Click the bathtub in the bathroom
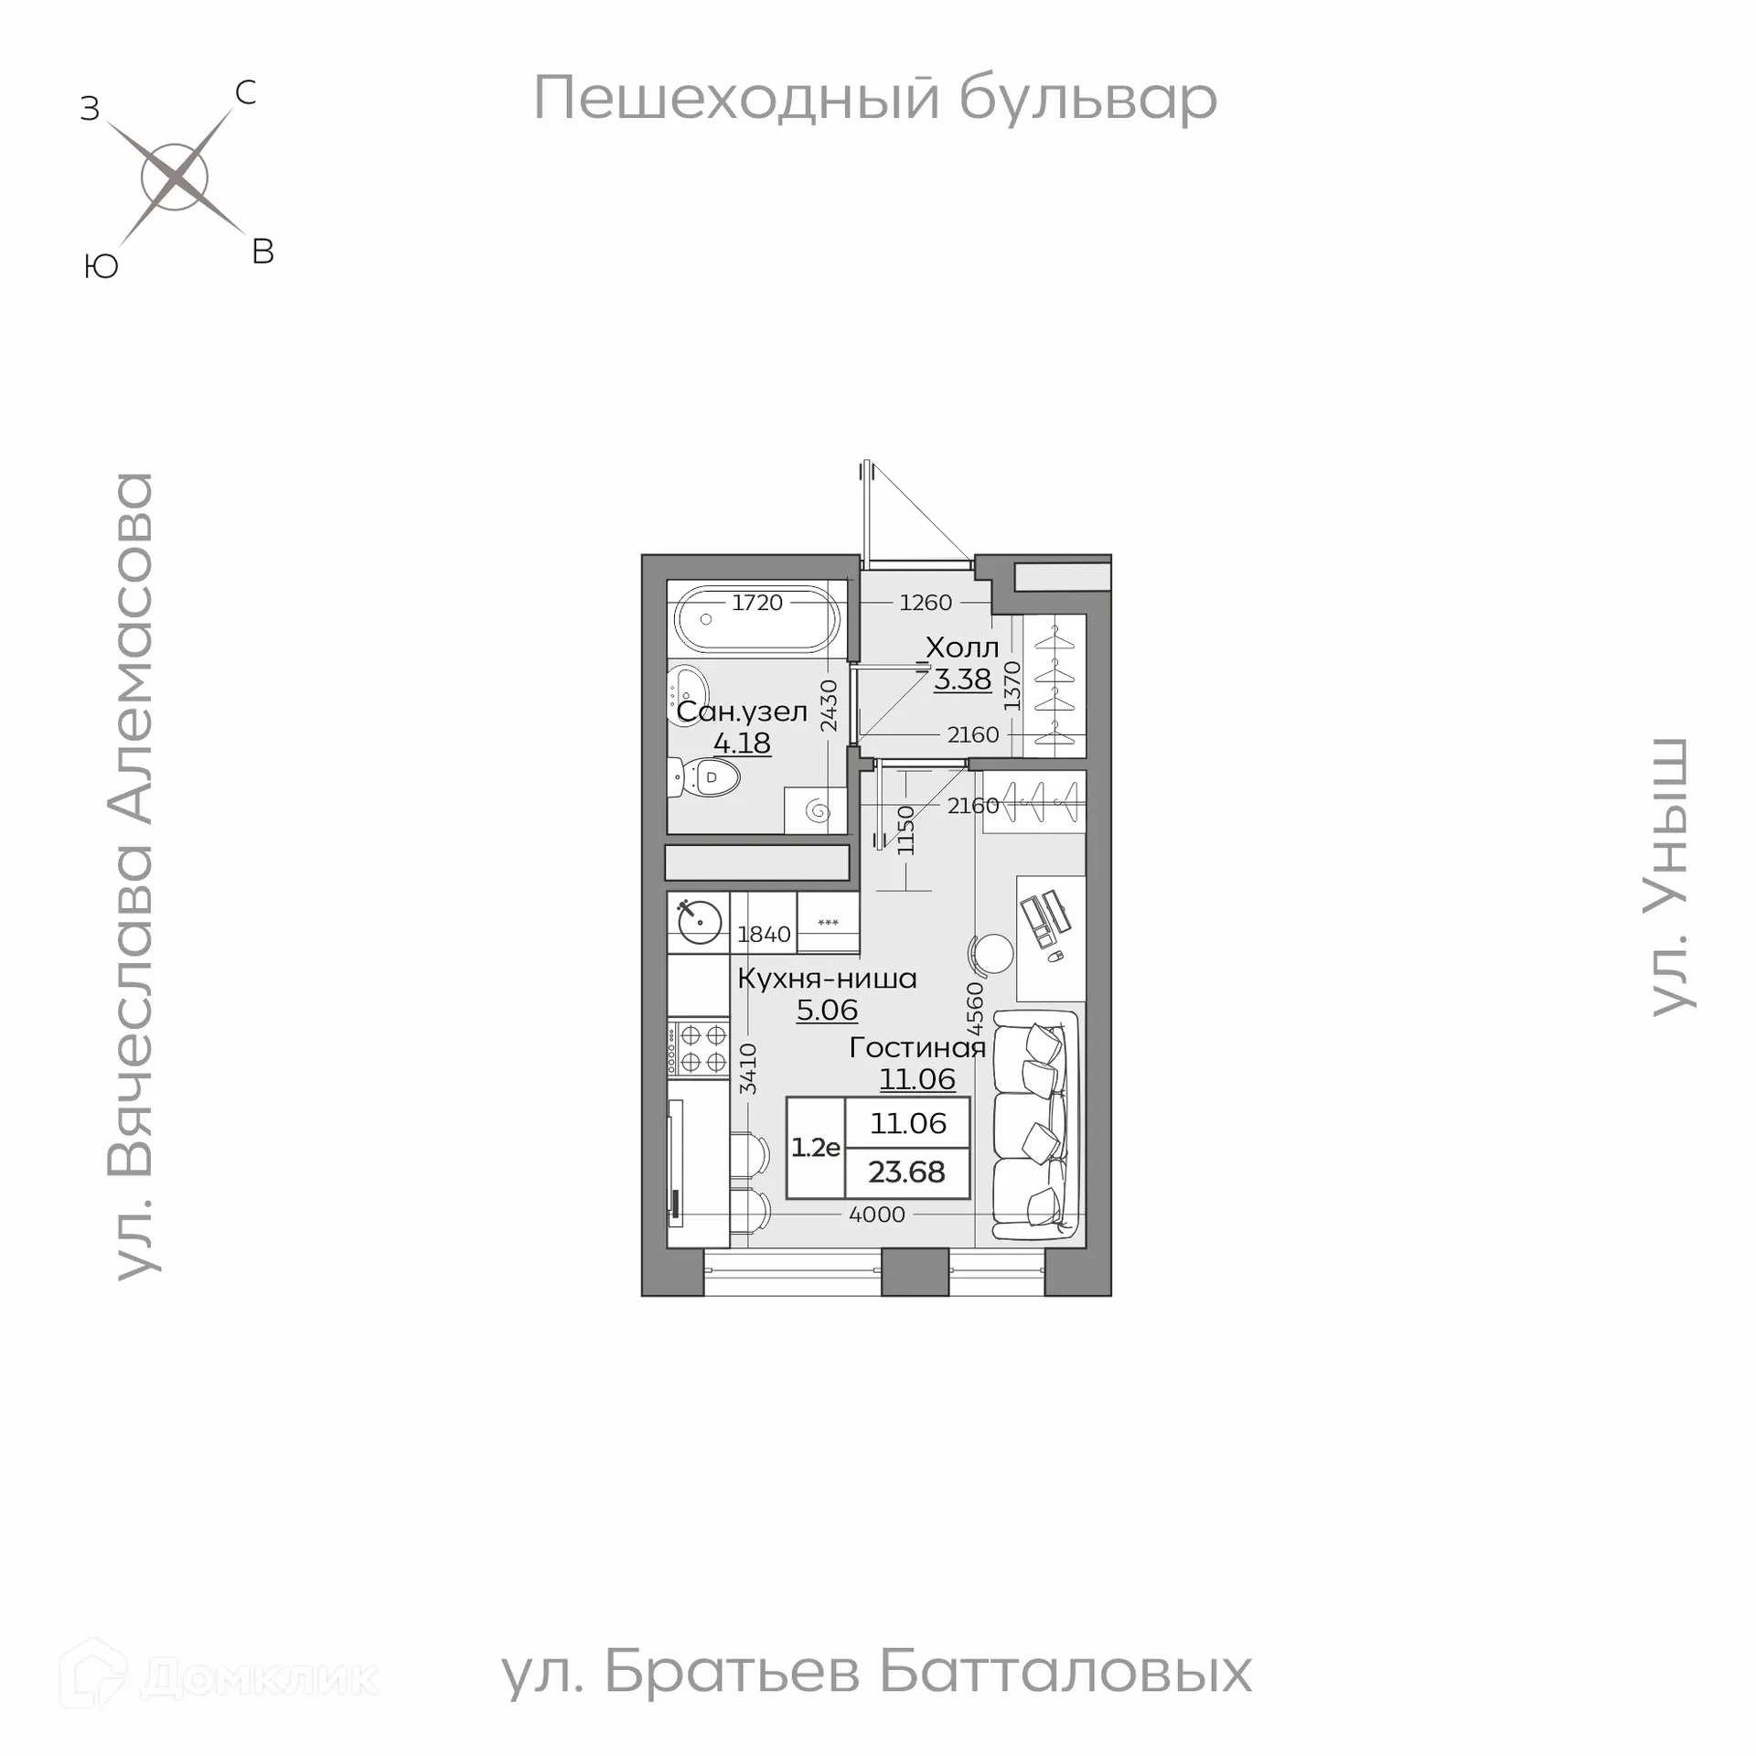(x=755, y=619)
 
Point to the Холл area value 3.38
(x=962, y=680)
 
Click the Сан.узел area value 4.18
(x=742, y=743)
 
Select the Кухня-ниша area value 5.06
(x=827, y=1010)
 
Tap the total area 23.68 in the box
(x=906, y=1172)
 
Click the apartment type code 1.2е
(x=815, y=1147)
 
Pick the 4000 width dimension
(x=877, y=1215)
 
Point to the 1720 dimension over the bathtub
(x=757, y=602)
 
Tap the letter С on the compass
(x=245, y=92)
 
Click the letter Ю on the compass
(x=102, y=266)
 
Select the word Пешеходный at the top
(x=736, y=98)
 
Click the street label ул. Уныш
(x=1670, y=876)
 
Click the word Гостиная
(x=917, y=1047)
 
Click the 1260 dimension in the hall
(x=926, y=602)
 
